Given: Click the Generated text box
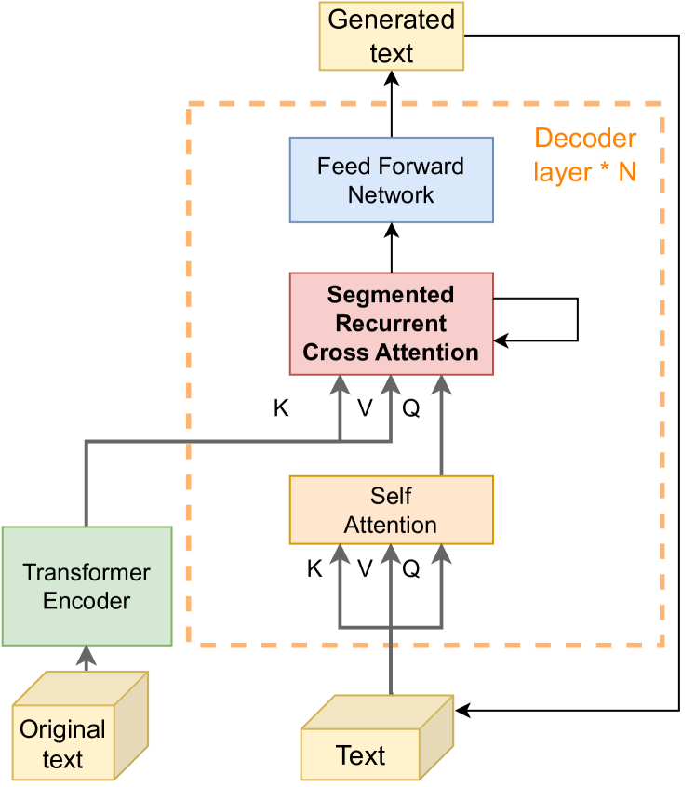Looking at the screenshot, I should coord(391,36).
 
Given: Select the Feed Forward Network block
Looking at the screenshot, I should coord(391,180).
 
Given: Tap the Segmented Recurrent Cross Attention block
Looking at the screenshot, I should coord(391,324).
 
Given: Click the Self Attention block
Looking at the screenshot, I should coord(391,510).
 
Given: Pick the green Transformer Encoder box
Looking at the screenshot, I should coord(87,586).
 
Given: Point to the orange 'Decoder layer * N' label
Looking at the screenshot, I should coord(585,155).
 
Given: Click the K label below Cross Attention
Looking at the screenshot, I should coord(280,408).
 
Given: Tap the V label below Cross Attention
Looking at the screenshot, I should coord(366,408).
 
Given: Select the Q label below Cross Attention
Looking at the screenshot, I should coord(410,408).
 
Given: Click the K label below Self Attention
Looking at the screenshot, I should coord(314,569).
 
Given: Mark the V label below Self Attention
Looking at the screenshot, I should coord(366,569).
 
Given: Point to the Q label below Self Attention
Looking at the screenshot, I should coord(410,569).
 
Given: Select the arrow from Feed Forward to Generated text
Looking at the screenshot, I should coord(391,104).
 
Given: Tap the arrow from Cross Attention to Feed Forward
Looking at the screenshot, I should coord(391,247).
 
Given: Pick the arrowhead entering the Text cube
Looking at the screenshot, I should coord(461,711).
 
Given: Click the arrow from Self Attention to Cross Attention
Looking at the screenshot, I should coord(441,428).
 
